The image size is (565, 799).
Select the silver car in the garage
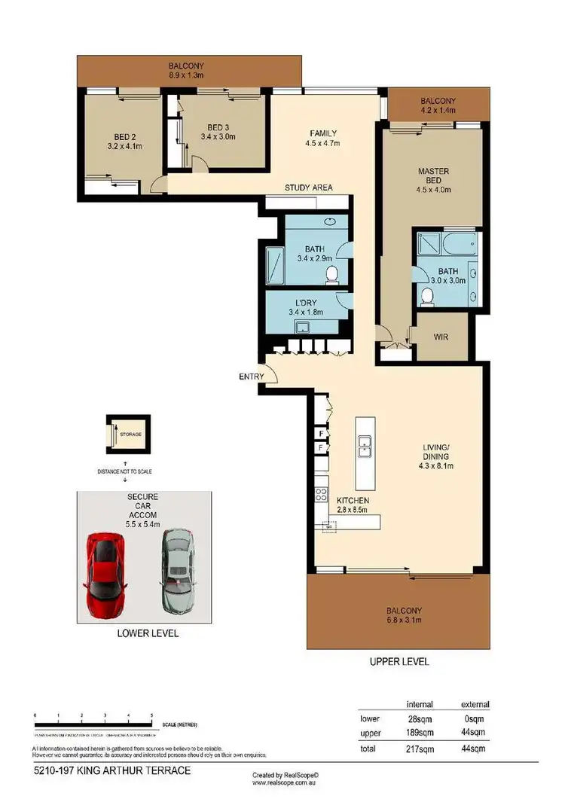(175, 570)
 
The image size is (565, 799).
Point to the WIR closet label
(441, 337)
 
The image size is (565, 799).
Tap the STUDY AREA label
(308, 188)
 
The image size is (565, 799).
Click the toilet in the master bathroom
(427, 295)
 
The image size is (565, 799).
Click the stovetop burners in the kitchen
(320, 495)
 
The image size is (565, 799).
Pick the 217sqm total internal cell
(419, 748)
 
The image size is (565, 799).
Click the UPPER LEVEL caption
(399, 662)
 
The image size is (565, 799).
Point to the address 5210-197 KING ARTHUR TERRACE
(112, 771)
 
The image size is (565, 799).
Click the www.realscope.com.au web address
(286, 782)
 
